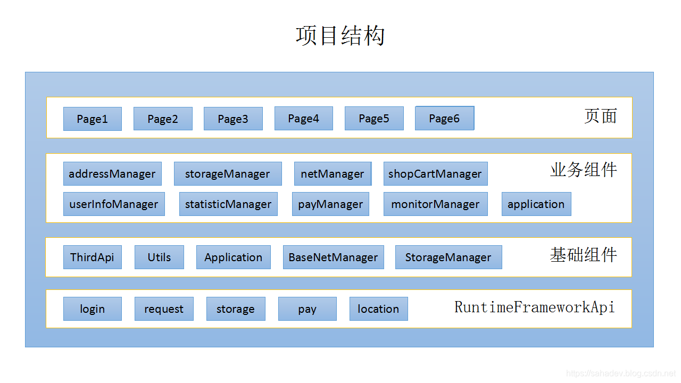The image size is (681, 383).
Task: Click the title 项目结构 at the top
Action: pyautogui.click(x=340, y=36)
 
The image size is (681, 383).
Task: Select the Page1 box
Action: pyautogui.click(x=93, y=119)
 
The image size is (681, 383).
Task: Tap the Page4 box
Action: pyautogui.click(x=304, y=118)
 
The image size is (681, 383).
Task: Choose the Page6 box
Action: pyautogui.click(x=444, y=118)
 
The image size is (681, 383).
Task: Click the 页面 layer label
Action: pyautogui.click(x=600, y=116)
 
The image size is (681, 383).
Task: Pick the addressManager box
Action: pyautogui.click(x=112, y=174)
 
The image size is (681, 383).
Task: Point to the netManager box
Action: pyautogui.click(x=333, y=174)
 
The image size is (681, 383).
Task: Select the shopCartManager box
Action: pyautogui.click(x=435, y=174)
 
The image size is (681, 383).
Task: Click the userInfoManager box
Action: pyautogui.click(x=114, y=204)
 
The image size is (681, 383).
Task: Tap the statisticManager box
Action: pyautogui.click(x=228, y=204)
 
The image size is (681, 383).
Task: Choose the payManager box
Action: pyautogui.click(x=330, y=204)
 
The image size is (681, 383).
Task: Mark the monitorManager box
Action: pyautogui.click(x=435, y=204)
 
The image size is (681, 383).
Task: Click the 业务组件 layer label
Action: pyautogui.click(x=583, y=170)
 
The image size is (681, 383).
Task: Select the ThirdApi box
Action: pyautogui.click(x=93, y=257)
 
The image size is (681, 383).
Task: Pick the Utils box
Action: pyautogui.click(x=159, y=257)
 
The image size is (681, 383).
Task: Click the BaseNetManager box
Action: pyautogui.click(x=333, y=257)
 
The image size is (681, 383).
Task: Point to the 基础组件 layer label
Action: pyautogui.click(x=583, y=255)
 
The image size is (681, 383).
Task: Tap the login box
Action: pyautogui.click(x=93, y=309)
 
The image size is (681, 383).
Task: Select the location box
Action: pyautogui.click(x=378, y=309)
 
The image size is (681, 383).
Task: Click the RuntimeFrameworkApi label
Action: pyautogui.click(x=534, y=307)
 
